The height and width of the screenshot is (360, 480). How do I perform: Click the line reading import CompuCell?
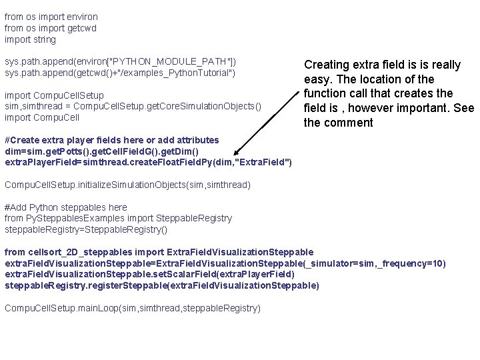42,117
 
